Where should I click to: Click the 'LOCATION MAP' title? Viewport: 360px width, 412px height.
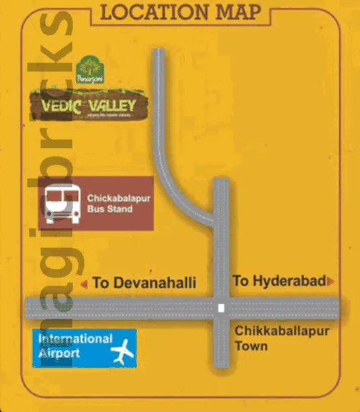pyautogui.click(x=179, y=12)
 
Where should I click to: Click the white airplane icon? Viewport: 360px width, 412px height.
pyautogui.click(x=120, y=352)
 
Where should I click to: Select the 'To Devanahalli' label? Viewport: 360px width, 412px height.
pyautogui.click(x=144, y=283)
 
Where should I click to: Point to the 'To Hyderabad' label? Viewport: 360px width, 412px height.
pyautogui.click(x=279, y=281)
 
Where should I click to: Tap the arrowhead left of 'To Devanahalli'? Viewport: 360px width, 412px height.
pyautogui.click(x=84, y=284)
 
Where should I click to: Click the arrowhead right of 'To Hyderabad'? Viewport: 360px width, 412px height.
pyautogui.click(x=330, y=282)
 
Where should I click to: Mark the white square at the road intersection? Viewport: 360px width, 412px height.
pyautogui.click(x=221, y=308)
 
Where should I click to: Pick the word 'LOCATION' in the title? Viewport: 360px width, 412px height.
pyautogui.click(x=154, y=12)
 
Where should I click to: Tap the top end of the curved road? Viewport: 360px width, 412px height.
pyautogui.click(x=158, y=52)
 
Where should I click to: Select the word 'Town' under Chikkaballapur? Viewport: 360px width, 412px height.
pyautogui.click(x=251, y=347)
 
